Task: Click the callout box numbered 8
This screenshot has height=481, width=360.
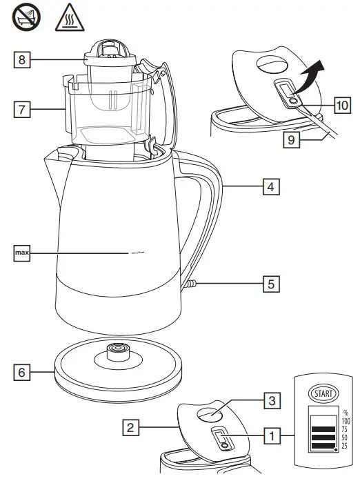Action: [x=23, y=61]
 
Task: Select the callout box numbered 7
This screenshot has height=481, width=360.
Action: [x=23, y=110]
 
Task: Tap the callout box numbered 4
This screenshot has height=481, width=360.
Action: [x=272, y=186]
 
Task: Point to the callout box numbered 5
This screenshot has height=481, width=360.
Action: [x=272, y=282]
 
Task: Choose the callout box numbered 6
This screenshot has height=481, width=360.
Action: [x=23, y=372]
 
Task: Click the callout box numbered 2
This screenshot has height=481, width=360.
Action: [x=129, y=427]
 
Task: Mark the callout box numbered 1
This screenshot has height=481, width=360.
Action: [x=272, y=435]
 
